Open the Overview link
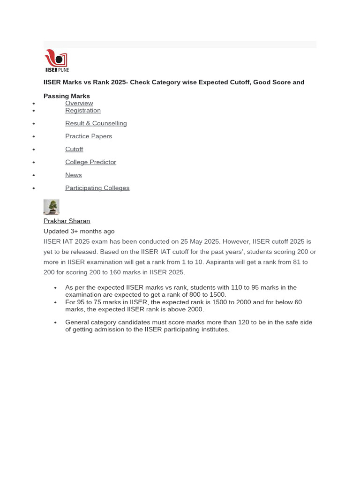click(x=79, y=103)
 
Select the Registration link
click(x=82, y=111)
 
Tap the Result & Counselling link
click(x=96, y=123)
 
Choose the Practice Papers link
click(x=89, y=136)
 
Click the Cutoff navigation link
click(x=74, y=149)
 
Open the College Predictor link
click(x=90, y=162)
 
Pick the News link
click(x=73, y=175)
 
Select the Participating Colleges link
click(x=97, y=188)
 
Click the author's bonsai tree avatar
click(x=52, y=207)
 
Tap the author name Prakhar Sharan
click(x=67, y=221)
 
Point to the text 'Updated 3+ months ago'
click(x=79, y=231)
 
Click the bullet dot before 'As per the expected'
click(x=55, y=288)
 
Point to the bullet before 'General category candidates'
click(x=55, y=322)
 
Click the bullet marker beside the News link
click(x=34, y=175)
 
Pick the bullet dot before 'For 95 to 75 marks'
click(x=55, y=302)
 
